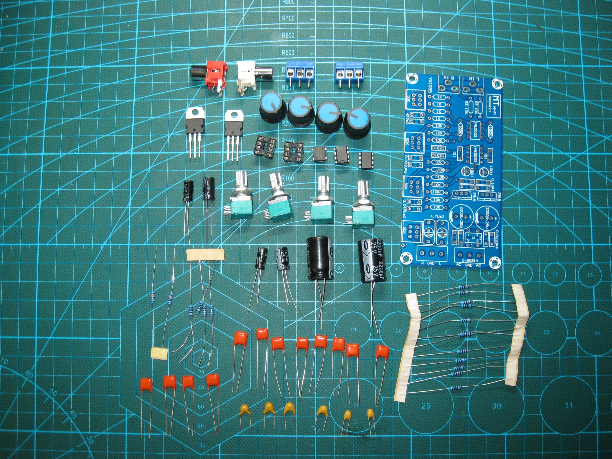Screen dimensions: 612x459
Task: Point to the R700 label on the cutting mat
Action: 288,19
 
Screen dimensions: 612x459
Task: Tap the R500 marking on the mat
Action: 288,53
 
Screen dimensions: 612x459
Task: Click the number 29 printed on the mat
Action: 426,406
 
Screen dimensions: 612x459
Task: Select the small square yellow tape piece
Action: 160,353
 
